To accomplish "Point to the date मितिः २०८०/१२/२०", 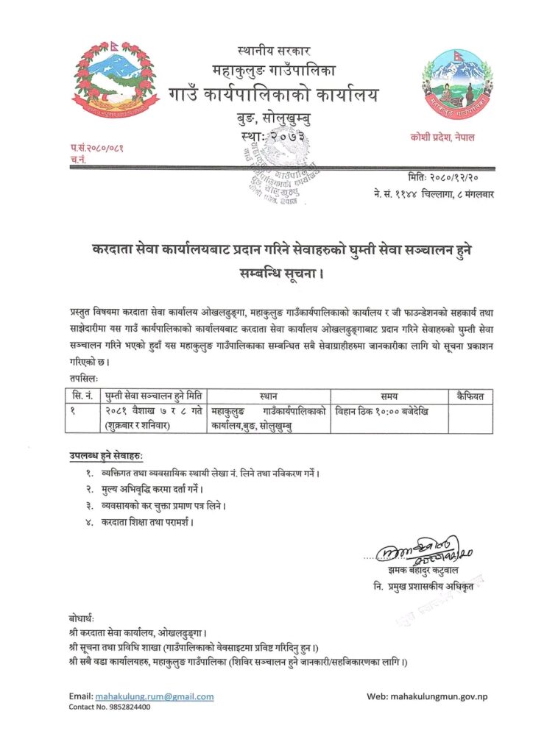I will pyautogui.click(x=446, y=179).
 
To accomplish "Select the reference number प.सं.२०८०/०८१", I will pyautogui.click(x=96, y=149).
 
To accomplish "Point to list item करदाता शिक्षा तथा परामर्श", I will pyautogui.click(x=147, y=522).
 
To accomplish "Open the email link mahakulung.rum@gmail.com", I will pyautogui.click(x=155, y=696).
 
